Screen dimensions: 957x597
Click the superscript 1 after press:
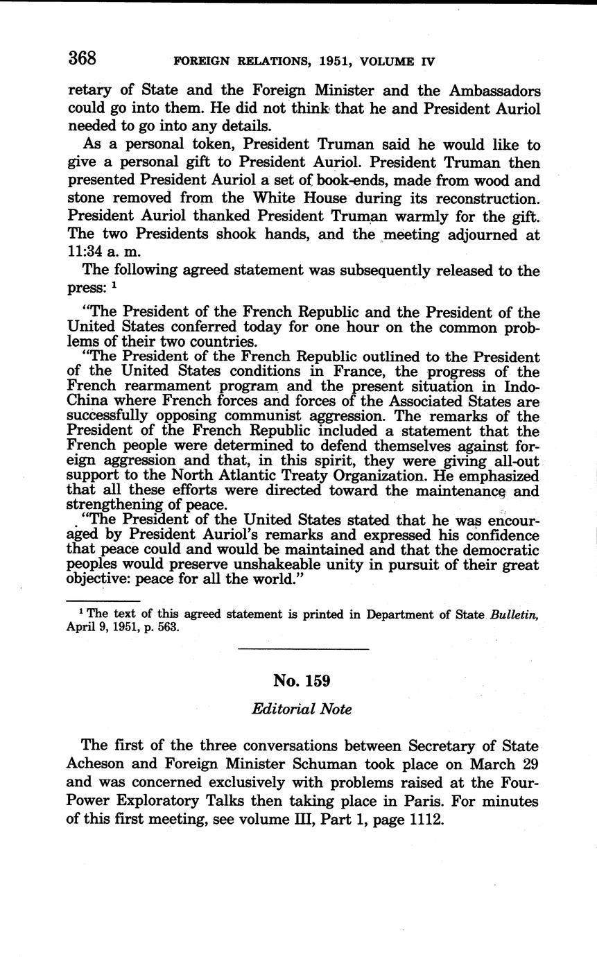pyautogui.click(x=114, y=285)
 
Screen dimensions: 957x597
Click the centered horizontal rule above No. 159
pyautogui.click(x=303, y=649)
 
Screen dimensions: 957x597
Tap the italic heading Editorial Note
pyautogui.click(x=302, y=709)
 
